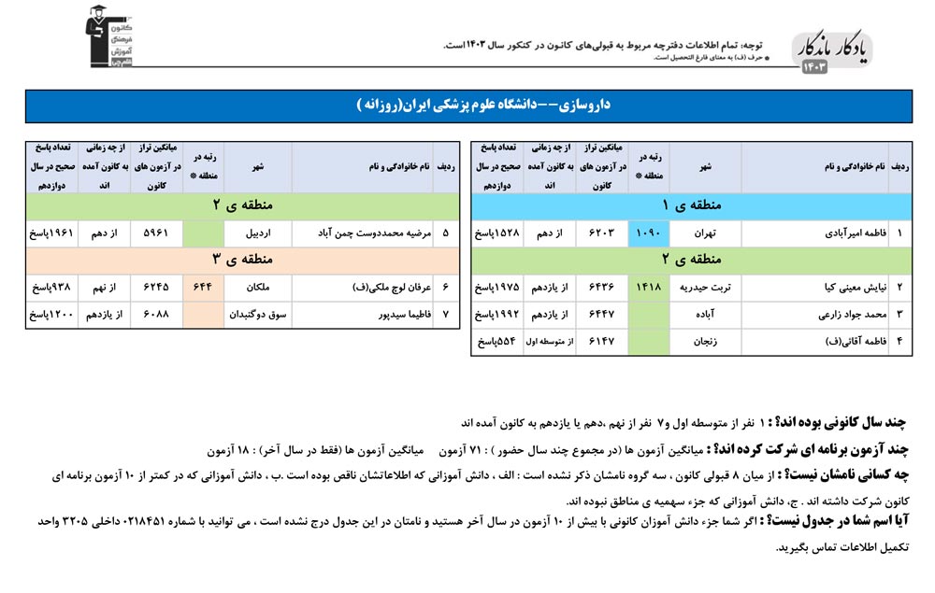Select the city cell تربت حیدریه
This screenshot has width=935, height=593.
[705, 287]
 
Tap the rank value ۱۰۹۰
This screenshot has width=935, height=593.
[649, 233]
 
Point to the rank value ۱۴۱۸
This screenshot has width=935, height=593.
[649, 287]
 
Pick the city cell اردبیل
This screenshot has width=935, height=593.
[259, 233]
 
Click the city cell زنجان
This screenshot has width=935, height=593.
[705, 342]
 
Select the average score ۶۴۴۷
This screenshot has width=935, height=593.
[599, 315]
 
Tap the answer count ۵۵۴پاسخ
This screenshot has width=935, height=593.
[497, 342]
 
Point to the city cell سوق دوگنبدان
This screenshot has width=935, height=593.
[259, 315]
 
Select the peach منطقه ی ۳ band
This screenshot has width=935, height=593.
[242, 260]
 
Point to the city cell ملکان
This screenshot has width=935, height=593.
[259, 287]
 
